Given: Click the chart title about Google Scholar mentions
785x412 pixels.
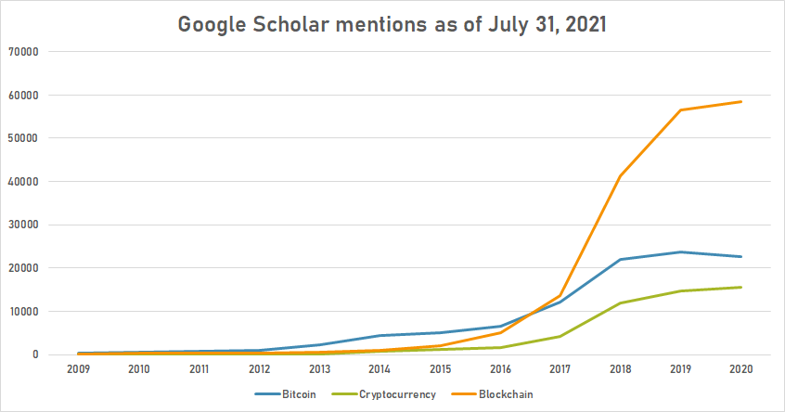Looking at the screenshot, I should [x=392, y=24].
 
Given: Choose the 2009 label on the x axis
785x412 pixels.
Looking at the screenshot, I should [x=78, y=369].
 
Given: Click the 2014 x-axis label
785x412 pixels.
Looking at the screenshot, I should [x=380, y=369].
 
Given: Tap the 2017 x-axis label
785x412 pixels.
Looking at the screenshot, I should [x=560, y=369].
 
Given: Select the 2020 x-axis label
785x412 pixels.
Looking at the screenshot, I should [x=741, y=369].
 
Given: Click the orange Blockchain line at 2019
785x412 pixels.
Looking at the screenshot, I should [x=681, y=109].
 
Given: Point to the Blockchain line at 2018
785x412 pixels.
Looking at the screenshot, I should [x=621, y=176].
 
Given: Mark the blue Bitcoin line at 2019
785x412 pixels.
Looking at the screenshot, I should [x=681, y=251].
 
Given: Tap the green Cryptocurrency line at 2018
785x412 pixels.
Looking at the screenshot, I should [x=621, y=303].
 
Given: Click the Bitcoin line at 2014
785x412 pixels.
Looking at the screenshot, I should [x=380, y=335].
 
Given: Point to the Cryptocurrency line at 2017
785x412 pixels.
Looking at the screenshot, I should [x=560, y=336].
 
